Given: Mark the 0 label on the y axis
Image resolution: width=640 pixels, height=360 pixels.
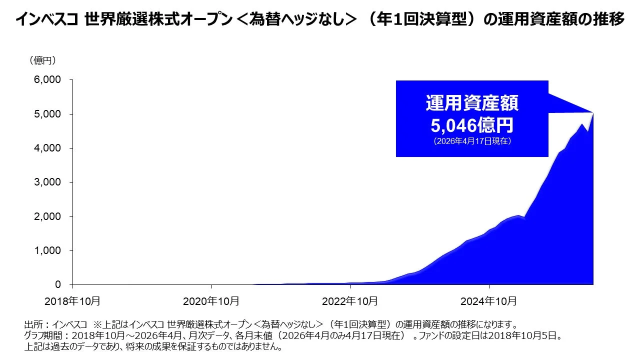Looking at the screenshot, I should click(x=57, y=285).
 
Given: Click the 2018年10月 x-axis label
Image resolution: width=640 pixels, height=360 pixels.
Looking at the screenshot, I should click(x=72, y=301).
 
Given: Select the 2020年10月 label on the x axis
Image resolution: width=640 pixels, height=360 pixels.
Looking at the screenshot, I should click(x=211, y=301).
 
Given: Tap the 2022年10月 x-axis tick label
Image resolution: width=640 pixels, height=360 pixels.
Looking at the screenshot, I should click(x=350, y=301).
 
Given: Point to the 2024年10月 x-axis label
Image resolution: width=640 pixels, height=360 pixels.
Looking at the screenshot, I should click(x=488, y=301).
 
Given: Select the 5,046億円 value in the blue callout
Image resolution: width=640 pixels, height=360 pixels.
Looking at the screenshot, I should click(x=472, y=124).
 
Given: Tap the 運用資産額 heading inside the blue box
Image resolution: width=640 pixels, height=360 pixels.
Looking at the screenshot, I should click(x=472, y=103).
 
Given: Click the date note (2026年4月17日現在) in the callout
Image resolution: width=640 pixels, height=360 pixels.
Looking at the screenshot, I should click(x=472, y=141).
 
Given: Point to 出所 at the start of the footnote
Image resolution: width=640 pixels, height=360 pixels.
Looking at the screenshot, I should click(x=32, y=324).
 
